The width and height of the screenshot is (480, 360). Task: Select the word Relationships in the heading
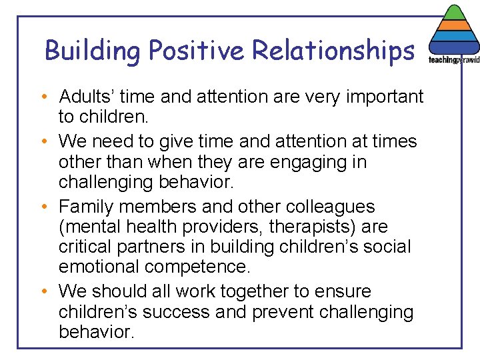(x=335, y=51)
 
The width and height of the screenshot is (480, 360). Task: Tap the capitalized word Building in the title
(x=93, y=51)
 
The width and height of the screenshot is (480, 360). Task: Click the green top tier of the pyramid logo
(x=454, y=13)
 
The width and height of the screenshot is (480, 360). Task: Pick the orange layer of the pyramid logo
(x=454, y=25)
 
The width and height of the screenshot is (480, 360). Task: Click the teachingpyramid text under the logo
(x=454, y=60)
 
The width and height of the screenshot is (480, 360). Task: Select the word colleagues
(x=337, y=207)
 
